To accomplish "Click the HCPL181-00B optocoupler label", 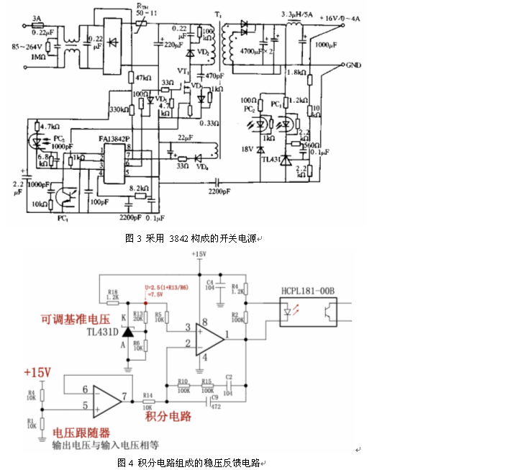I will [x=311, y=292].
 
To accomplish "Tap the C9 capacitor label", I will [x=214, y=397].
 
